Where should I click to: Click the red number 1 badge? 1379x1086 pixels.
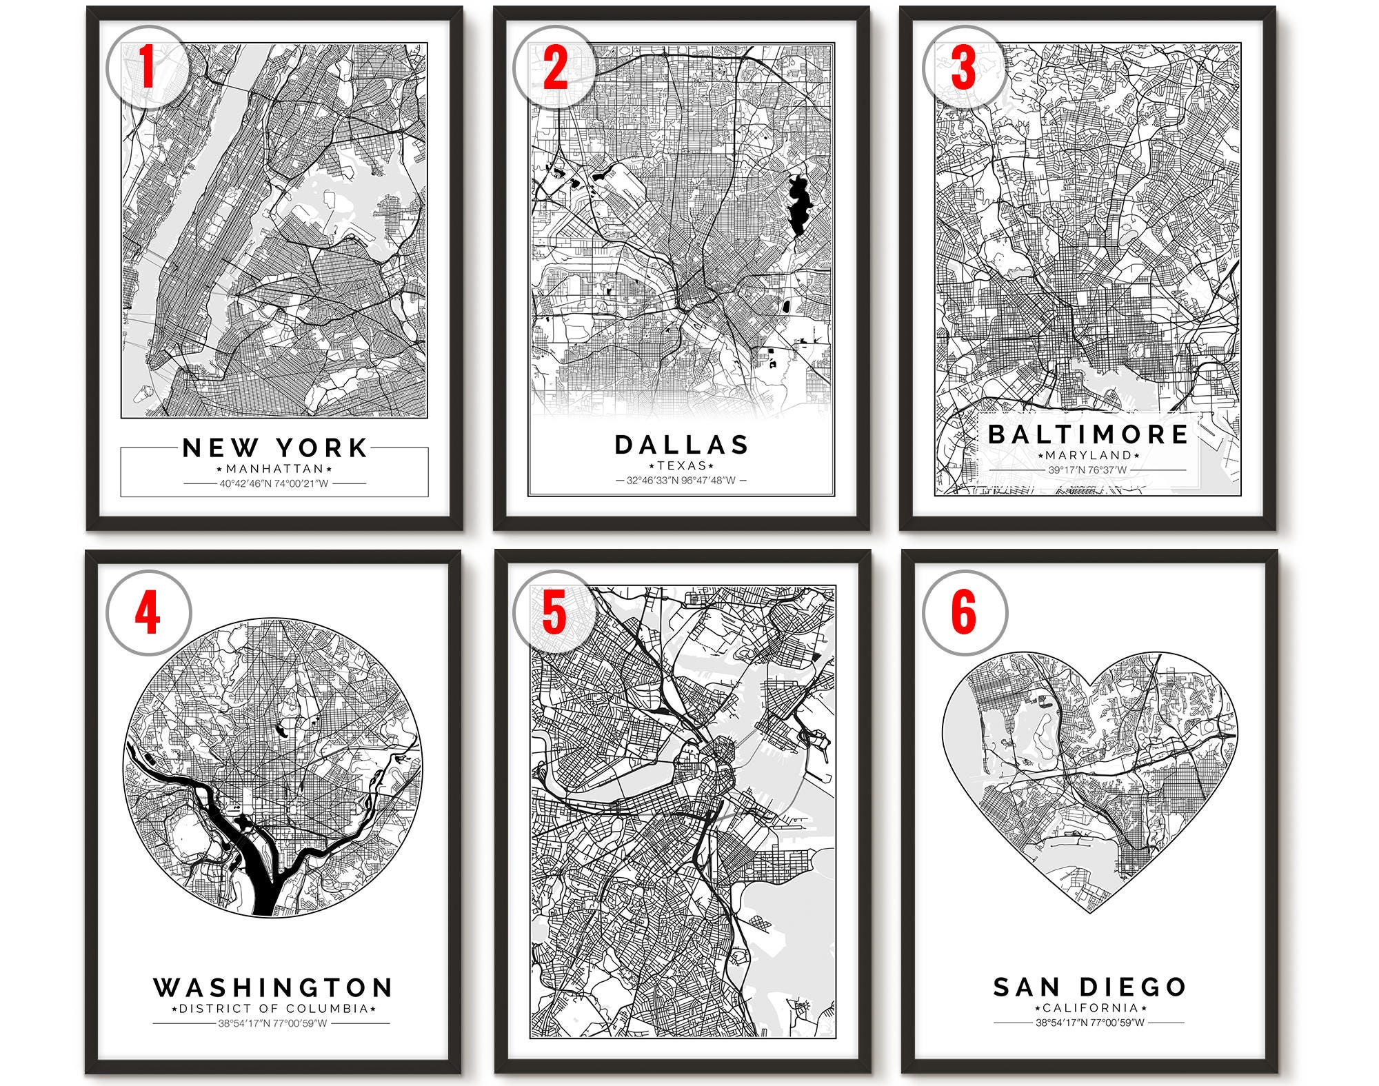click(x=147, y=67)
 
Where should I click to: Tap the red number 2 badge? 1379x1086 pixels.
click(x=554, y=67)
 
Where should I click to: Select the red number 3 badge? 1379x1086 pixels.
click(x=963, y=67)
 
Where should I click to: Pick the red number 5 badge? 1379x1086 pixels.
click(x=554, y=612)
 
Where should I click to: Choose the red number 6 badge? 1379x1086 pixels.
click(x=963, y=612)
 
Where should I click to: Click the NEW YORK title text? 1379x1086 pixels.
click(x=274, y=448)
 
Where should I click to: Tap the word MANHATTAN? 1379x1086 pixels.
click(x=274, y=469)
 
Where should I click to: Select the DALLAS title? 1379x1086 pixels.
click(x=681, y=445)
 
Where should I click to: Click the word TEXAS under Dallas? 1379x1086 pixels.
click(x=681, y=465)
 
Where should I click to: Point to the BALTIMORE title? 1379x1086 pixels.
click(x=1088, y=434)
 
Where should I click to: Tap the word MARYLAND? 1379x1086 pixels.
click(x=1088, y=455)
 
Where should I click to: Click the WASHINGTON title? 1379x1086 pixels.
click(x=273, y=987)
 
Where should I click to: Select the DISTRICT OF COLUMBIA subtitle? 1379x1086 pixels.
click(x=273, y=1008)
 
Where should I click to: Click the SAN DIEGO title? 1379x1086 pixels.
click(x=1089, y=987)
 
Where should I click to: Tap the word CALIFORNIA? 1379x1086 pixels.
click(x=1089, y=1007)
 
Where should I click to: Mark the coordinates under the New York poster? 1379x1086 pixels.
click(x=274, y=483)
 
